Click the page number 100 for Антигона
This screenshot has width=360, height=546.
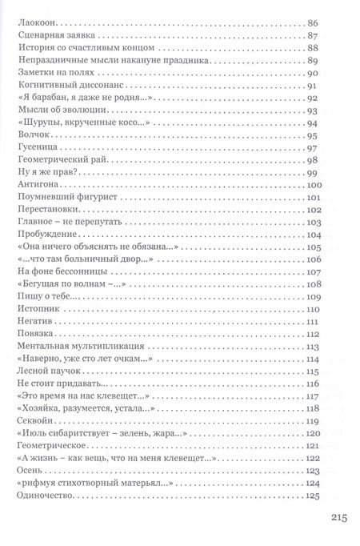coord(313,185)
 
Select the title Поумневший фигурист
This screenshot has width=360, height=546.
coord(57,198)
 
